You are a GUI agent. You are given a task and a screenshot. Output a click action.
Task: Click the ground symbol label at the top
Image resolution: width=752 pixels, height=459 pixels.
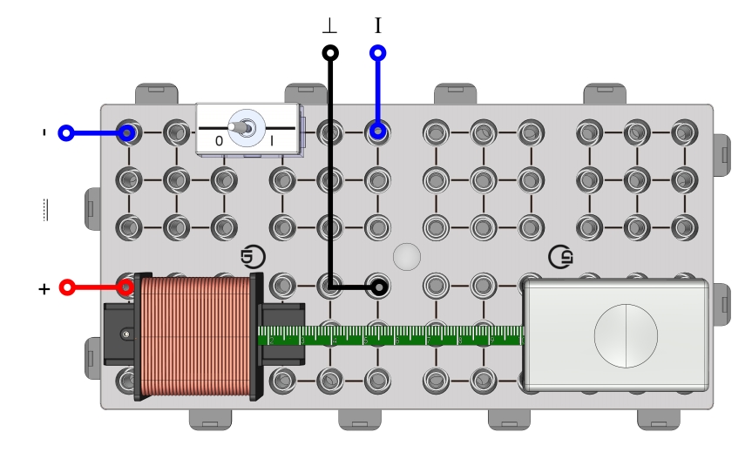click(x=330, y=27)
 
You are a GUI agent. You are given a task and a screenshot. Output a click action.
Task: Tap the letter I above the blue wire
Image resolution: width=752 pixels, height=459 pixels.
click(x=378, y=26)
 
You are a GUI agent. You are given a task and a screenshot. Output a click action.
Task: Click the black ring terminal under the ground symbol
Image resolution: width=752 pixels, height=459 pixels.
click(x=330, y=54)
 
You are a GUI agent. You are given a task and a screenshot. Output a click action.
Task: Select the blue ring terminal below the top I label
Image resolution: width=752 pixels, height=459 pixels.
click(x=378, y=54)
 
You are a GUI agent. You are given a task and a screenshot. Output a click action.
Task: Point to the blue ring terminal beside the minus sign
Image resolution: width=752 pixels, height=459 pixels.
click(x=64, y=133)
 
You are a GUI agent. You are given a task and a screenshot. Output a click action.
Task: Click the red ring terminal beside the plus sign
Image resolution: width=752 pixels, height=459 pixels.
click(x=65, y=287)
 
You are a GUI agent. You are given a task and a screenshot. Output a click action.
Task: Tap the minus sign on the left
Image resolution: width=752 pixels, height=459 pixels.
click(x=44, y=133)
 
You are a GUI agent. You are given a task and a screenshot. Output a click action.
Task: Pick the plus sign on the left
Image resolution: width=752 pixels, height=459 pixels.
click(x=44, y=287)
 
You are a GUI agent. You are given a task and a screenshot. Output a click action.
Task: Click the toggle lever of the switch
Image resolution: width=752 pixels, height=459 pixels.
click(x=247, y=129)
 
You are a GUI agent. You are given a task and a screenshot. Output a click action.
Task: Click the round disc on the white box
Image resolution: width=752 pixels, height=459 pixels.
click(x=624, y=334)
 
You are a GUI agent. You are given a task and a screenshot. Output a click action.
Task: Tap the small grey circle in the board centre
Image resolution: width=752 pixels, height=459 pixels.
click(x=406, y=256)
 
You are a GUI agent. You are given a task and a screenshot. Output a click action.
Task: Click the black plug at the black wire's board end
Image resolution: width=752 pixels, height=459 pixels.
click(x=378, y=287)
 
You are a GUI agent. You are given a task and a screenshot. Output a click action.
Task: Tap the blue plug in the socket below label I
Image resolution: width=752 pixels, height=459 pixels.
click(x=378, y=132)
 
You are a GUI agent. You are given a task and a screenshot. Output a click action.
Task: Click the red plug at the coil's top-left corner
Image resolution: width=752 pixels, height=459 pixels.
click(x=127, y=287)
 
